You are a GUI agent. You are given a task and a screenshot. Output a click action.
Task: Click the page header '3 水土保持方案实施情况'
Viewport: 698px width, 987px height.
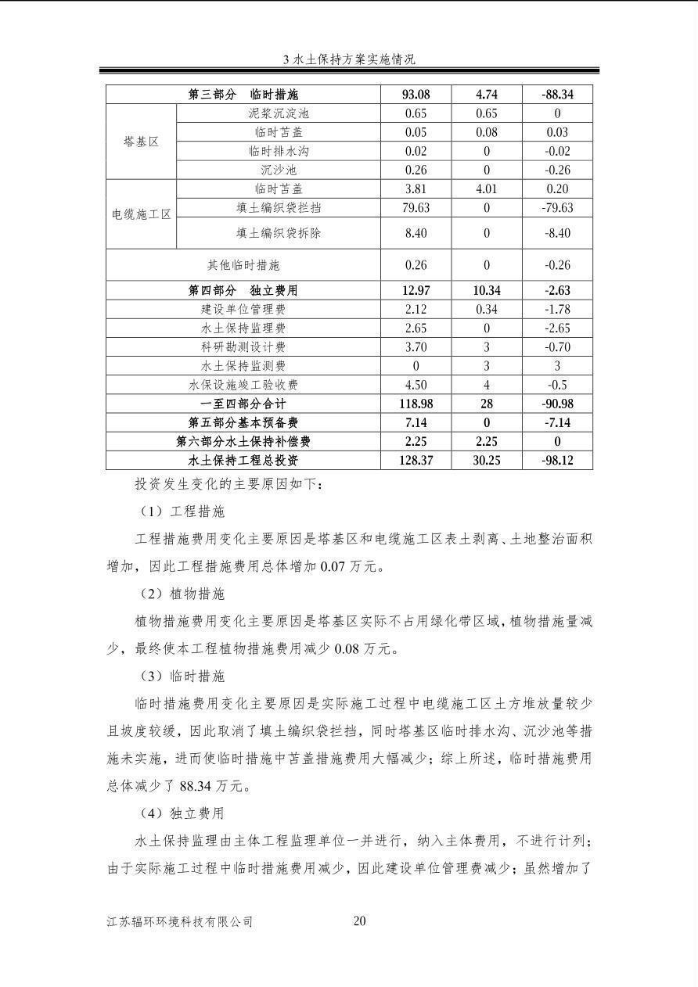click(349, 59)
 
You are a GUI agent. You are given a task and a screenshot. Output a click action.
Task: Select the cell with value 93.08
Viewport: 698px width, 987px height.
click(416, 95)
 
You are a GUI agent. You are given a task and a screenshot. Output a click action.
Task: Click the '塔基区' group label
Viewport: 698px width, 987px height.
click(142, 142)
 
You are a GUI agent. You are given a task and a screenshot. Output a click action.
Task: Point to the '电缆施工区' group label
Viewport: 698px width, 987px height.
click(142, 214)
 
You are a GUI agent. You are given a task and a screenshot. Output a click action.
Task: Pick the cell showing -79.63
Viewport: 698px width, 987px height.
click(557, 207)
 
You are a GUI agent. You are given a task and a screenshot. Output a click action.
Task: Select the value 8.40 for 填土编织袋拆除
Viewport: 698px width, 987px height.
click(416, 232)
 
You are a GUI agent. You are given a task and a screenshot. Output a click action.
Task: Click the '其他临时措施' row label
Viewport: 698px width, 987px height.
click(243, 265)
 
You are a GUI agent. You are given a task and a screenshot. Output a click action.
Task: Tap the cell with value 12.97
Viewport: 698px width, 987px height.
click(416, 290)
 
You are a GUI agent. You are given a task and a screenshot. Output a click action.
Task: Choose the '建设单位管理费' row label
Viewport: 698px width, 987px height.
click(243, 309)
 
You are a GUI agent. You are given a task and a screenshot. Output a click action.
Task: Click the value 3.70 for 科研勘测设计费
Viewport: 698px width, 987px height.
click(416, 346)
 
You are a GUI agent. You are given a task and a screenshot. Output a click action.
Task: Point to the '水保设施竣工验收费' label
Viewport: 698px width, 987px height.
click(243, 384)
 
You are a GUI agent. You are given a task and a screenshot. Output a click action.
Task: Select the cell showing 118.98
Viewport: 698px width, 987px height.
click(416, 404)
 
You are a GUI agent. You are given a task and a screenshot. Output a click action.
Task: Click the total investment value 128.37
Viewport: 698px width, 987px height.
click(416, 460)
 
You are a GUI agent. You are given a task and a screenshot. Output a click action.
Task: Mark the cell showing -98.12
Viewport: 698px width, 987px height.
click(557, 460)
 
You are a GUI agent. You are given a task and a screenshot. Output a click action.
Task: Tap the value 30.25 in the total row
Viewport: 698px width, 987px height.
click(487, 460)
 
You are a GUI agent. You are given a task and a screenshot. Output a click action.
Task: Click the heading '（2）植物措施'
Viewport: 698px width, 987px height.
click(181, 594)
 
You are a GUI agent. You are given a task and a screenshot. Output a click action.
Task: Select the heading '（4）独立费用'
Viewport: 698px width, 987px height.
click(181, 813)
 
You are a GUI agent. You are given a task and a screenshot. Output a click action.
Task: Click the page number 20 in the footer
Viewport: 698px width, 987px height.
click(359, 921)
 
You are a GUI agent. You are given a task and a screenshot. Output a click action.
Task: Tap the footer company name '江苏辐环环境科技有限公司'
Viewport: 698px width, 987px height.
click(180, 921)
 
